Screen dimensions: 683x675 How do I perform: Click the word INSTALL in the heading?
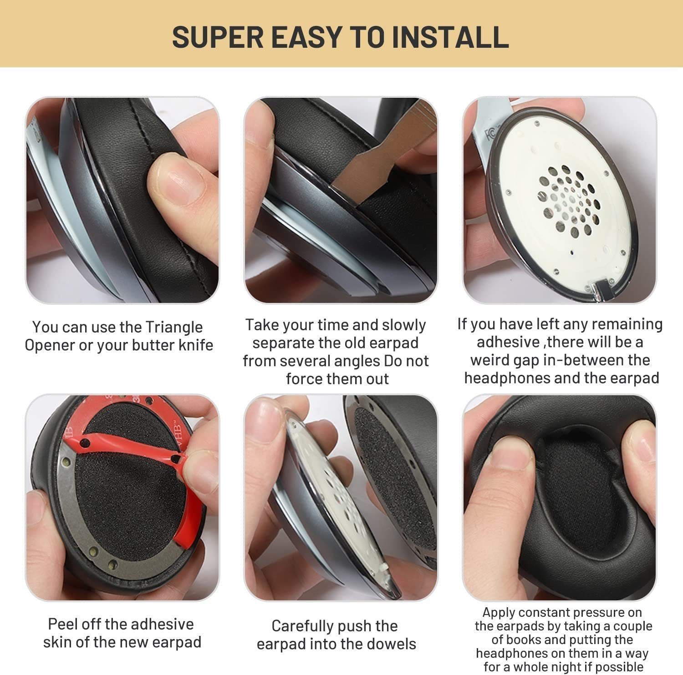(x=450, y=37)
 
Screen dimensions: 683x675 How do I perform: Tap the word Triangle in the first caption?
(x=174, y=327)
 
